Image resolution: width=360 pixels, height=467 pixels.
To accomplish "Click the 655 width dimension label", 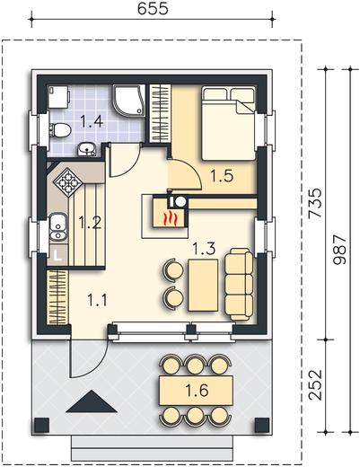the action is click(153, 9).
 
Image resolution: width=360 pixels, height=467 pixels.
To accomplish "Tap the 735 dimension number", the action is click(315, 203).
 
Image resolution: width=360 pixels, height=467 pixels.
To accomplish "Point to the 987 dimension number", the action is click(339, 250).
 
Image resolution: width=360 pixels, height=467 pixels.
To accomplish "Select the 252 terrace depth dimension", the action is click(315, 385).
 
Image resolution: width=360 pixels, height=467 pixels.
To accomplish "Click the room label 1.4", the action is click(92, 122).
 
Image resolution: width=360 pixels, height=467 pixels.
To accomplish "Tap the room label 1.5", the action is click(222, 176).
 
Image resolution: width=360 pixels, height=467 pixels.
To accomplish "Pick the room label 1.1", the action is click(97, 300).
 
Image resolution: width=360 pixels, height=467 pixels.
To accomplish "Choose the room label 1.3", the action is click(204, 249).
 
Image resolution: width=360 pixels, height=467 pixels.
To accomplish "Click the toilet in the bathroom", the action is click(60, 131).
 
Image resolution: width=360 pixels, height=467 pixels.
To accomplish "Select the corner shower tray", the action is click(128, 100).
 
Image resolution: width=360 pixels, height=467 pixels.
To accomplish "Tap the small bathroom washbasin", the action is click(87, 149).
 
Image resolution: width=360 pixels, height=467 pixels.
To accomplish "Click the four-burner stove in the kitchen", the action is click(67, 182).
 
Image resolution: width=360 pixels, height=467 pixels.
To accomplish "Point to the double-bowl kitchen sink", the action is click(58, 226).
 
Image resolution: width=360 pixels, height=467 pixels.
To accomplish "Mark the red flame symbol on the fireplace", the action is click(171, 217).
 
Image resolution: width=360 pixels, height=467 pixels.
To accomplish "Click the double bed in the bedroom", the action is click(229, 123).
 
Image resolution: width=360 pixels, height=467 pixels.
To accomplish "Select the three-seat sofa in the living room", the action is click(239, 284).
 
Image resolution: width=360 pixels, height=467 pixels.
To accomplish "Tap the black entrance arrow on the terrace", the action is click(92, 401).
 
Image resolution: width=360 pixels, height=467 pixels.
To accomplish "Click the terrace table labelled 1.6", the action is click(197, 391).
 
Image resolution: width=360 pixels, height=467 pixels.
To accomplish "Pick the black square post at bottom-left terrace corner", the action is click(41, 426).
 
